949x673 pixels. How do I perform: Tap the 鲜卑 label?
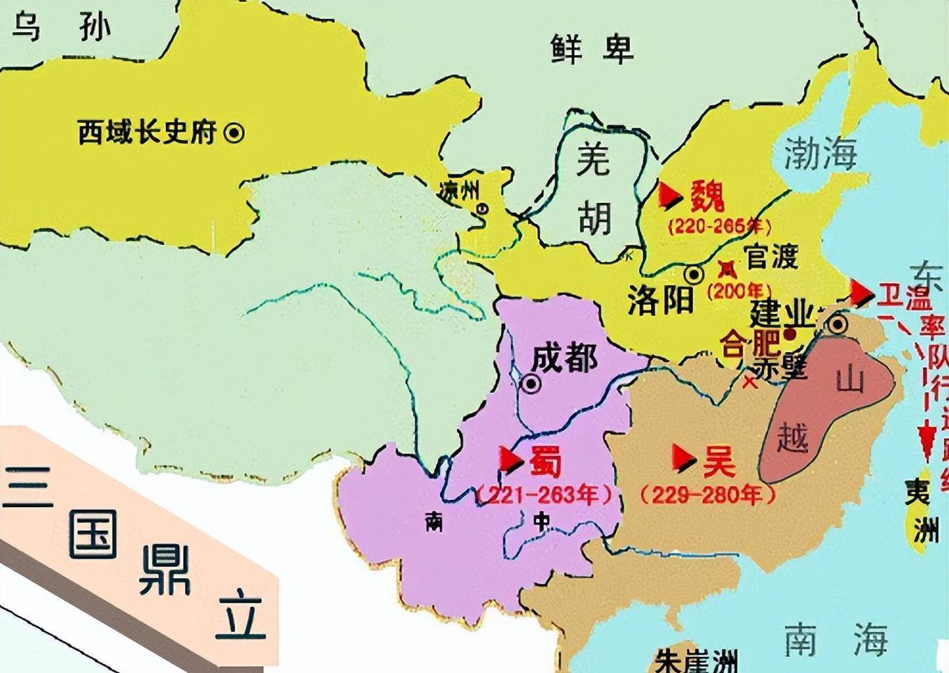592,48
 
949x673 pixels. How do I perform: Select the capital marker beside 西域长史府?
234,132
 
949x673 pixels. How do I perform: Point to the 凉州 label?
459,190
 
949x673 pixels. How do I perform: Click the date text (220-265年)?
719,227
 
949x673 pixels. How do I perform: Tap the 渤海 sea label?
821,153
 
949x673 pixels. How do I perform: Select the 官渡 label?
771,257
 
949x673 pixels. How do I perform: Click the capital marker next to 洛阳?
694,274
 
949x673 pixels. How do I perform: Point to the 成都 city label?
564,358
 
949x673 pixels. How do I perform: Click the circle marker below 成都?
531,384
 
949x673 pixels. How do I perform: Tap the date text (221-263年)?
545,494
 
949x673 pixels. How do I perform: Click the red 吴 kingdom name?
719,460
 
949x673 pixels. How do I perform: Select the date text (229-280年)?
708,494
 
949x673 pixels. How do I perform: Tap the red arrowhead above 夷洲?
927,438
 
